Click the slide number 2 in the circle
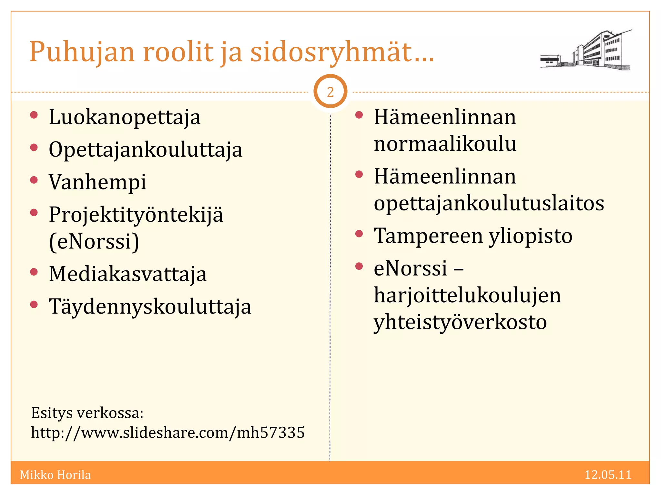click(330, 92)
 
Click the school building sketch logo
click(586, 50)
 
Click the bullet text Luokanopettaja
click(125, 117)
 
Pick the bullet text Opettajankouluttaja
click(145, 150)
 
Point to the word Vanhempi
click(97, 182)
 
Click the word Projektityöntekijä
click(136, 215)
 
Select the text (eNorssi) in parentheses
click(94, 241)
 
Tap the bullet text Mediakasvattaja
click(127, 274)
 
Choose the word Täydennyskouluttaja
click(150, 307)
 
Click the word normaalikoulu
click(445, 144)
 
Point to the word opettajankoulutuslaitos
click(489, 203)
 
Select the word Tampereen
click(428, 236)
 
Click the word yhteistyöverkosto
click(460, 322)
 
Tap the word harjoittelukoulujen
click(467, 295)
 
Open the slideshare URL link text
click(168, 432)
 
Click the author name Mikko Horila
click(55, 475)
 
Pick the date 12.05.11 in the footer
click(608, 475)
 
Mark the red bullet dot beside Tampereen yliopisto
click(359, 234)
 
